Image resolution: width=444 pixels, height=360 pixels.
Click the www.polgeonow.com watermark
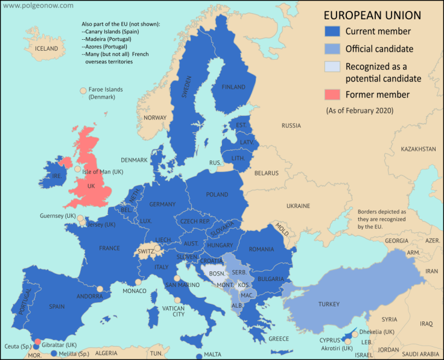click(37, 5)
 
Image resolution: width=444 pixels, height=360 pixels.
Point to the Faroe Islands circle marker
click(83, 91)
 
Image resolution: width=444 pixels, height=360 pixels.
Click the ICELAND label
click(46, 48)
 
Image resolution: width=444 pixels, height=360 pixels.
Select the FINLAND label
click(233, 87)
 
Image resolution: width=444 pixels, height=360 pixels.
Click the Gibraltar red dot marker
click(37, 341)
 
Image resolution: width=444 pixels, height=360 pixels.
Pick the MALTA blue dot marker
click(199, 356)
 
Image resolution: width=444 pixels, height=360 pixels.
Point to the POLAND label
click(217, 195)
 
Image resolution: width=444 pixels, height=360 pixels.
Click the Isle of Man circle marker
click(77, 170)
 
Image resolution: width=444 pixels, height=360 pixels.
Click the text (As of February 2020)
click(360, 110)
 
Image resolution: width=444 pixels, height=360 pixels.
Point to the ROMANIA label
click(261, 249)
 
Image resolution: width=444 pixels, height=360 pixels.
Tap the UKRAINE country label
click(298, 206)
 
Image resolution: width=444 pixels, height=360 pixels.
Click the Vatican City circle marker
click(177, 300)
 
